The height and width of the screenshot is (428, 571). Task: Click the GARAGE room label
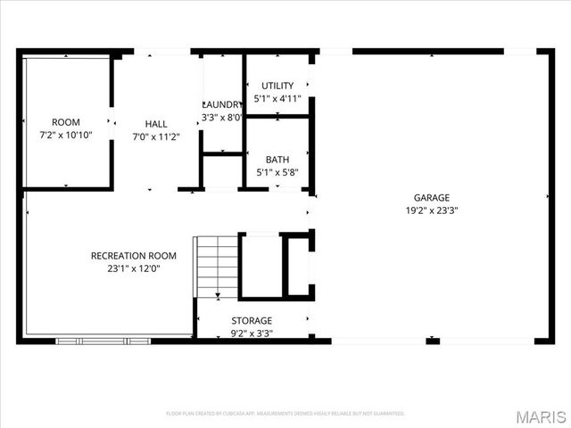[431, 197]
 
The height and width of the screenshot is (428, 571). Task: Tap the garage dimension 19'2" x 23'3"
[431, 211]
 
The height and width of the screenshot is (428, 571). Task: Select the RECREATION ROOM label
[134, 256]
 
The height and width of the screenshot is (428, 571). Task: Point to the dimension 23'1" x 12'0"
[134, 269]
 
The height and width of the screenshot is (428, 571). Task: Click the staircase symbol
[216, 266]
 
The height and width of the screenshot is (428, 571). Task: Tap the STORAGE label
[252, 320]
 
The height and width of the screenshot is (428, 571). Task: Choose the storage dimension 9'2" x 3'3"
[252, 333]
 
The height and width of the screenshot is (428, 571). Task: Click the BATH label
[277, 160]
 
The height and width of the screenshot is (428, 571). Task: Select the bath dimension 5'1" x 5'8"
[277, 173]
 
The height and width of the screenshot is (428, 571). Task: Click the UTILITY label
[277, 86]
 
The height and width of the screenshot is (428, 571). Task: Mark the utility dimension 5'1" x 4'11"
[277, 99]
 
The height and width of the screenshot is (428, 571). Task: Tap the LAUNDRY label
[222, 103]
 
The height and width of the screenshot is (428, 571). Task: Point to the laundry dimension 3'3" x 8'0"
[222, 117]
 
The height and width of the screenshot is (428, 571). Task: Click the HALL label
[156, 123]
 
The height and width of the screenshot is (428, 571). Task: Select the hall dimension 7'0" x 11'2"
[156, 137]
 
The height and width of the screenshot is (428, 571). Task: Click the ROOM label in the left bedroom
[66, 122]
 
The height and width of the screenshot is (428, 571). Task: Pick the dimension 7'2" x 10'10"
[66, 136]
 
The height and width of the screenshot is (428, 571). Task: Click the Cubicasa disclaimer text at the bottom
[285, 414]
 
